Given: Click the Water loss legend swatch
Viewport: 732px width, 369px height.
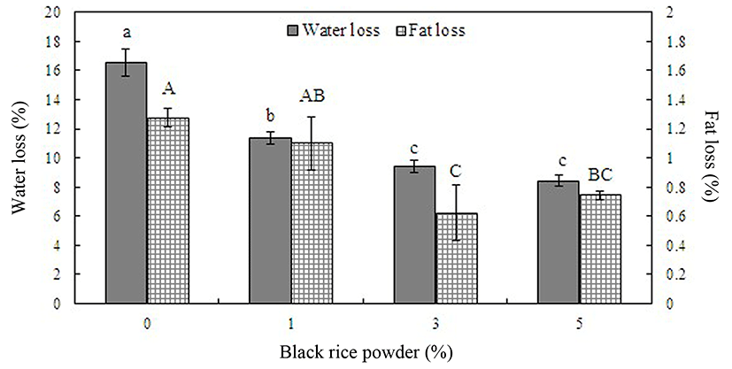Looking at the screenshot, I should (x=293, y=30).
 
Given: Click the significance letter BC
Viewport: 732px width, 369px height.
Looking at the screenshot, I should (x=599, y=176).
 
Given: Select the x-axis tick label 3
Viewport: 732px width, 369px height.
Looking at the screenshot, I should (x=434, y=322).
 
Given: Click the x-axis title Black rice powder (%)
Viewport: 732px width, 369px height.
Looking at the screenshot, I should (x=366, y=352).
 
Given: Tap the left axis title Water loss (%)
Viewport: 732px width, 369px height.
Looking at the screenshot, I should (x=17, y=158).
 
